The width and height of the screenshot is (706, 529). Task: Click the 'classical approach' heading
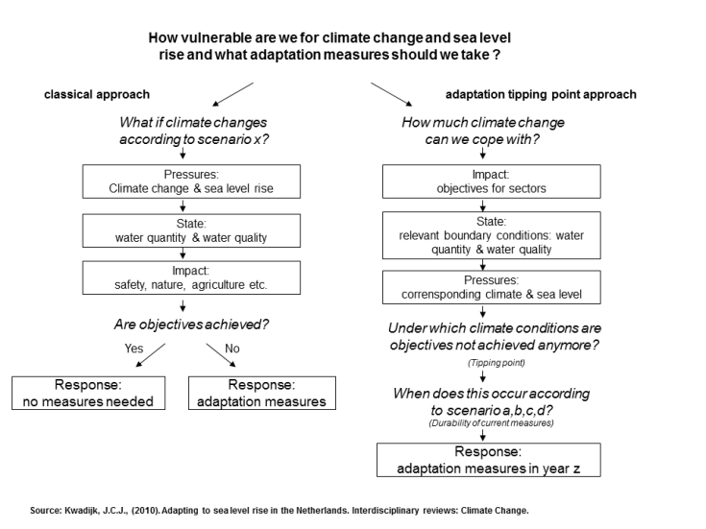97,94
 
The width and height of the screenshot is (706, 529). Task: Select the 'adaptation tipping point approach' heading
541,94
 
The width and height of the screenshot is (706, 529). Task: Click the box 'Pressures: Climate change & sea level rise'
191,181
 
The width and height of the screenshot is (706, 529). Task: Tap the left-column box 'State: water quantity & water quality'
191,229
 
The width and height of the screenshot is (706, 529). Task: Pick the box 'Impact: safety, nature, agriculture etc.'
191,277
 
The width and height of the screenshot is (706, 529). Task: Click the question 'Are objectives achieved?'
192,325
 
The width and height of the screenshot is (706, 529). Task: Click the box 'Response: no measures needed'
88,394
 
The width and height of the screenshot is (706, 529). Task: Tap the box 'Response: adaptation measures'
262,394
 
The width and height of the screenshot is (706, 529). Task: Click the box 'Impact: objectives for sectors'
491,181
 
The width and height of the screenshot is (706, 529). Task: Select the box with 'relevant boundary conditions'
491,235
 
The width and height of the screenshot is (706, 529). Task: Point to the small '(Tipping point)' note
491,363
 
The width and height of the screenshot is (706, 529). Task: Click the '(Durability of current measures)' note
491,422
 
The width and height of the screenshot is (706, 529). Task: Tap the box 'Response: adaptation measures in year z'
489,460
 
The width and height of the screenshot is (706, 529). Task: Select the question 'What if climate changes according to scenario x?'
193,131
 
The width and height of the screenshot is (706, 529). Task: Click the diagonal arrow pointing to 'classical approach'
231,94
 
